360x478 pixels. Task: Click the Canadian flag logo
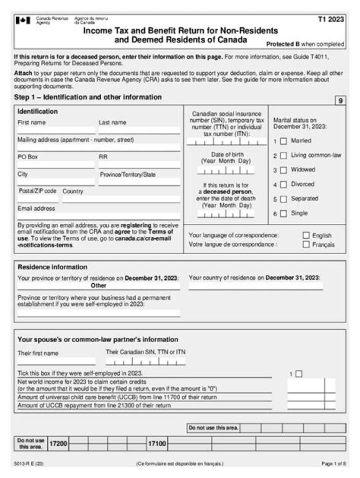click(23, 20)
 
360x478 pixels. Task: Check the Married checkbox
click(283, 141)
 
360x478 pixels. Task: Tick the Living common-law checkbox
click(283, 156)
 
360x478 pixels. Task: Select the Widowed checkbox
click(283, 170)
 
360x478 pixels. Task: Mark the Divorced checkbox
click(283, 185)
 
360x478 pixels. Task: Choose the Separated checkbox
click(283, 199)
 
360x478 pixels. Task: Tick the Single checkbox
click(283, 214)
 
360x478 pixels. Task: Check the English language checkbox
click(306, 236)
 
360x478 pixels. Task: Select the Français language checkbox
click(306, 245)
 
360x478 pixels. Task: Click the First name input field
click(56, 130)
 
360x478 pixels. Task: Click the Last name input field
click(139, 130)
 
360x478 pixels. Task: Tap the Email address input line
click(98, 216)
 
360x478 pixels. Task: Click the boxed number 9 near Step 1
click(340, 101)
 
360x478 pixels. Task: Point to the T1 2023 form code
click(330, 19)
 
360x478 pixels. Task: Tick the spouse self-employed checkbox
click(299, 374)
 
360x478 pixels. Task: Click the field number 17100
click(156, 444)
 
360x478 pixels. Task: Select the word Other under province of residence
click(98, 286)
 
